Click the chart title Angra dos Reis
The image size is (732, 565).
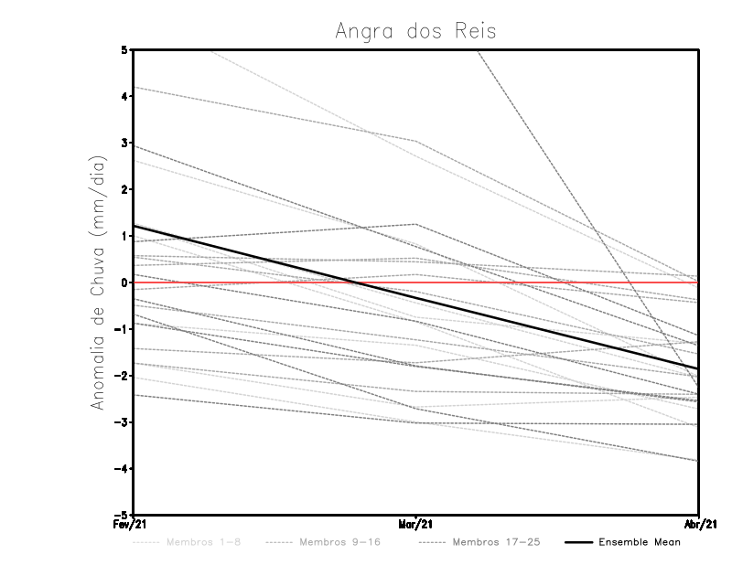pyautogui.click(x=415, y=30)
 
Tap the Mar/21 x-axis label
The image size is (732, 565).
pyautogui.click(x=416, y=525)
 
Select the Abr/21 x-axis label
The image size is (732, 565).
pyautogui.click(x=698, y=525)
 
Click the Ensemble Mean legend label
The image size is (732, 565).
pyautogui.click(x=640, y=542)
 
